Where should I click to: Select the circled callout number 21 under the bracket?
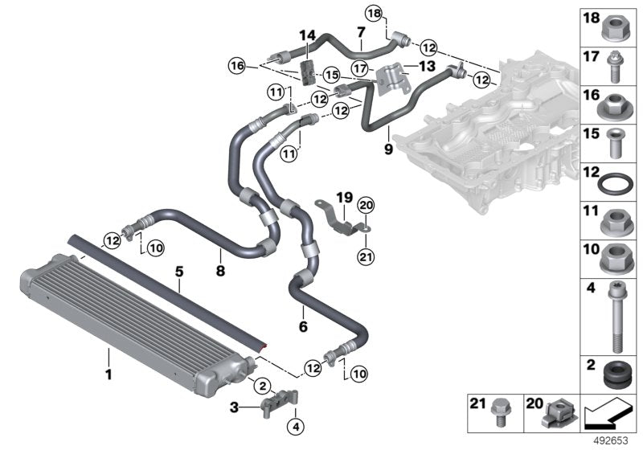pyautogui.click(x=366, y=257)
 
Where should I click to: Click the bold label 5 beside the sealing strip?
pyautogui.click(x=179, y=272)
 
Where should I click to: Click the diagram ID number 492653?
pyautogui.click(x=612, y=440)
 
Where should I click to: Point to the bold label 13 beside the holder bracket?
pyautogui.click(x=426, y=65)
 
